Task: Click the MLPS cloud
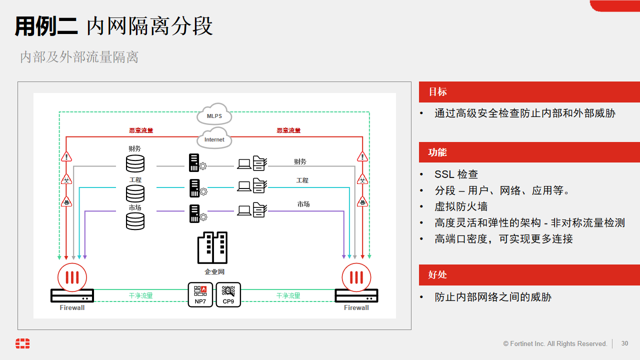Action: click(x=214, y=115)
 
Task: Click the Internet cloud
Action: click(x=214, y=138)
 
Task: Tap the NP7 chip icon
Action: click(x=200, y=294)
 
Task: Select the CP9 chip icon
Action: click(x=228, y=294)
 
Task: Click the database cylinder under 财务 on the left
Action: click(x=135, y=163)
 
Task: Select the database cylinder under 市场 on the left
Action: click(x=135, y=221)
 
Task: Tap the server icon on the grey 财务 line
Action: click(x=194, y=162)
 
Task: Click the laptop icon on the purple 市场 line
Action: click(x=244, y=210)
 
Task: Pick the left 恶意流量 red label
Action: click(x=141, y=130)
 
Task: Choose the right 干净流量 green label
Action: click(x=288, y=296)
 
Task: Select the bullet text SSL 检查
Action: click(x=456, y=174)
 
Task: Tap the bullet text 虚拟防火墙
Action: click(x=460, y=206)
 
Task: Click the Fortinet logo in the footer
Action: click(x=22, y=343)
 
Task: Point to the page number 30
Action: click(x=624, y=343)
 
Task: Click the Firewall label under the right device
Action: click(x=356, y=308)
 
